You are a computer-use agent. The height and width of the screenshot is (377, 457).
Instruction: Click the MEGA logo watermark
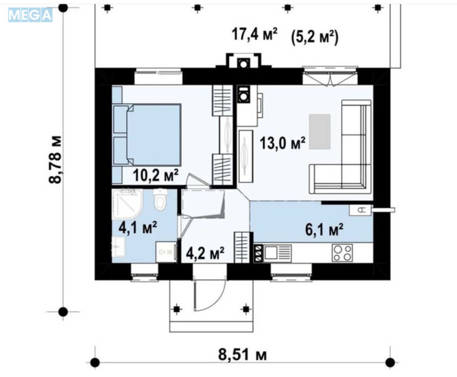tap(30, 14)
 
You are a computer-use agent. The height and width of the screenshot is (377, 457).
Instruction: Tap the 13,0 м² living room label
tap(282, 142)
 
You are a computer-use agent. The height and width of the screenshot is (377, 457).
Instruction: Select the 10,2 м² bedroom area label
tap(156, 173)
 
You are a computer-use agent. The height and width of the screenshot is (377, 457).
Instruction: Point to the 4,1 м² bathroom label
tap(138, 228)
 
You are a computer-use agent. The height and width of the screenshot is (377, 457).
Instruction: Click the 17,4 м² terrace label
tap(254, 35)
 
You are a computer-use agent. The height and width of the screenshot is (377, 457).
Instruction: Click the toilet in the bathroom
tap(161, 200)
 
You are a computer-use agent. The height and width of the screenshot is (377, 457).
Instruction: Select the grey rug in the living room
tap(319, 131)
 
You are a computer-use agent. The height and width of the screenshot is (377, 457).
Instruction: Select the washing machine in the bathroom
tap(165, 252)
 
